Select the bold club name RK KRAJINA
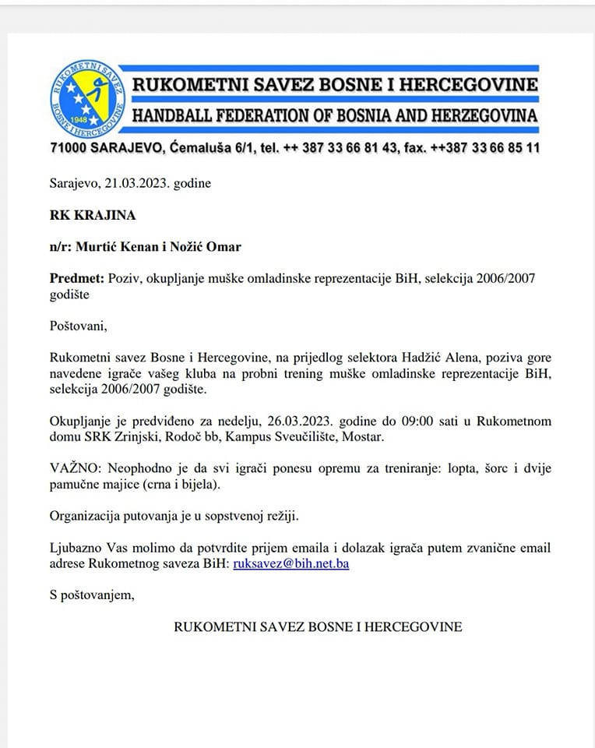86,215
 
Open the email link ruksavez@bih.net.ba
290,563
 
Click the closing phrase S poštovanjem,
92,595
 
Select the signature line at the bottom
318,626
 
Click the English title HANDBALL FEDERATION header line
335,116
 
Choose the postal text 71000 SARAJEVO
106,147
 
